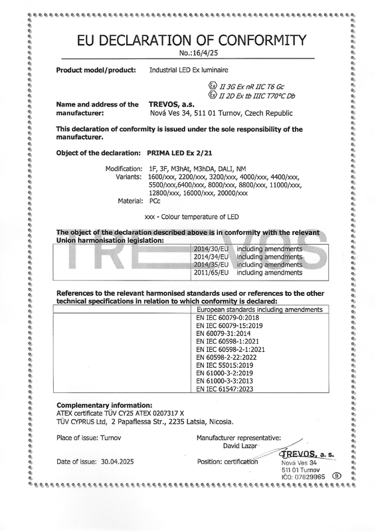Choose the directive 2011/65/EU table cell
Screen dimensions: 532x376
(x=211, y=273)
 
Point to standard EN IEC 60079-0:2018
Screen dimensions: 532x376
(x=227, y=319)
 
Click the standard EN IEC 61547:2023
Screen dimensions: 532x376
(x=225, y=388)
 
